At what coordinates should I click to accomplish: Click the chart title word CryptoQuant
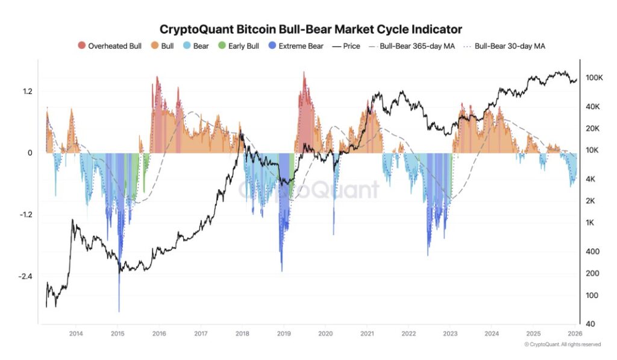pyautogui.click(x=192, y=29)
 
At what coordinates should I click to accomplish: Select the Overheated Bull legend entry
pyautogui.click(x=110, y=46)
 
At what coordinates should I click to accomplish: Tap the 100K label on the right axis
pyautogui.click(x=595, y=78)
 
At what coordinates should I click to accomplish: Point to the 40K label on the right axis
pyautogui.click(x=593, y=107)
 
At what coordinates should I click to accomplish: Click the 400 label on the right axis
pyautogui.click(x=592, y=251)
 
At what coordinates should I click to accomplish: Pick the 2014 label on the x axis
pyautogui.click(x=76, y=333)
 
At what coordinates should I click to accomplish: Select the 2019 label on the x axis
pyautogui.click(x=284, y=333)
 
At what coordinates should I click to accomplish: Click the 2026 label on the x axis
pyautogui.click(x=574, y=333)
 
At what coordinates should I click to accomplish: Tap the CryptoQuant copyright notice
pyautogui.click(x=562, y=344)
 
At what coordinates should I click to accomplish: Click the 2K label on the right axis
pyautogui.click(x=590, y=201)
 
